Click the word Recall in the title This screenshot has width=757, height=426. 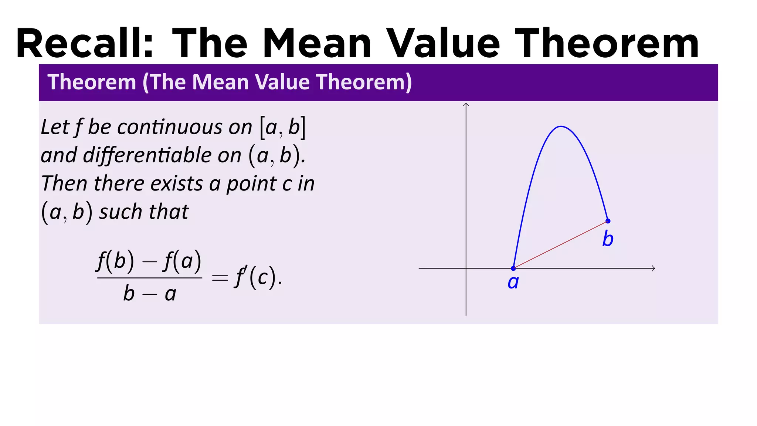click(x=84, y=44)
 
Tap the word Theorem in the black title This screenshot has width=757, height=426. click(x=606, y=44)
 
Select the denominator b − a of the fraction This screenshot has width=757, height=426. click(x=150, y=294)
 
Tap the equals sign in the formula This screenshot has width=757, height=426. click(x=220, y=278)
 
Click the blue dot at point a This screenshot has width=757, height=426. click(x=513, y=268)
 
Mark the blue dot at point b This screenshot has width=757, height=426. click(x=608, y=221)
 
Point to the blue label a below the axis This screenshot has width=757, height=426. click(x=513, y=283)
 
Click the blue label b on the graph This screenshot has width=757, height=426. click(x=608, y=239)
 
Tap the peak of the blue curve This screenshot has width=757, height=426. click(x=561, y=126)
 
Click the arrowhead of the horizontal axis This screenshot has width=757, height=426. click(x=654, y=268)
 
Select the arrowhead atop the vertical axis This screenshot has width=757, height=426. click(x=466, y=105)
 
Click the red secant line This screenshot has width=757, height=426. click(x=560, y=245)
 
